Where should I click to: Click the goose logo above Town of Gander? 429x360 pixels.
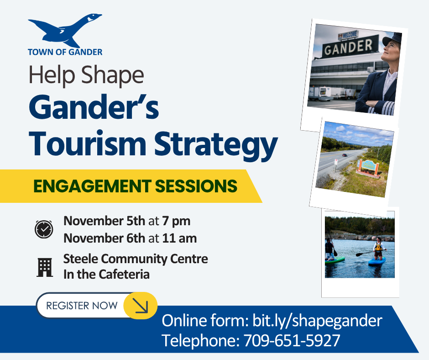coord(64,31)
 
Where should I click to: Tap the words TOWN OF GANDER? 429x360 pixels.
coord(65,52)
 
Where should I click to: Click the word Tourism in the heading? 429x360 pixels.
coord(88,144)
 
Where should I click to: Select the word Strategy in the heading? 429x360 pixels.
coord(216,146)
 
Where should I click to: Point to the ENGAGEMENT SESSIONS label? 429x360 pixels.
coord(135,186)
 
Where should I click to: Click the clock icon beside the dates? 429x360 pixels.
coord(44,229)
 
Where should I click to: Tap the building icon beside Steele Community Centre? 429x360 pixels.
coord(45,267)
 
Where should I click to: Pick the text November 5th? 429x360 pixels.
coord(104,221)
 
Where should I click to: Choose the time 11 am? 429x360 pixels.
coord(179,238)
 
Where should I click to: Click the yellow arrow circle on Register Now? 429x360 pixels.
coord(141,306)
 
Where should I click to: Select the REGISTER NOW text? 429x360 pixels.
coord(82,306)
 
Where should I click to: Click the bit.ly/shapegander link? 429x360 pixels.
coord(317,321)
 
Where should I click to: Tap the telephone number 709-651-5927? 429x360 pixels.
coord(292,340)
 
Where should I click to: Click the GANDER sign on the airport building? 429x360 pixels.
coord(349,47)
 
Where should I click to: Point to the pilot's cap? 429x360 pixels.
coord(392,39)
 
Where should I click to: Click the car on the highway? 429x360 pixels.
coord(345,155)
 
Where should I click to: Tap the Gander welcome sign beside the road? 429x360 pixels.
coord(368,167)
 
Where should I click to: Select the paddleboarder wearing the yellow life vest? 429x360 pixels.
coord(378,248)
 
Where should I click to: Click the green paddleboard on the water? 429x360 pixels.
coord(335,259)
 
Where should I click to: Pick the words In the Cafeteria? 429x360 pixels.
coord(106,274)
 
